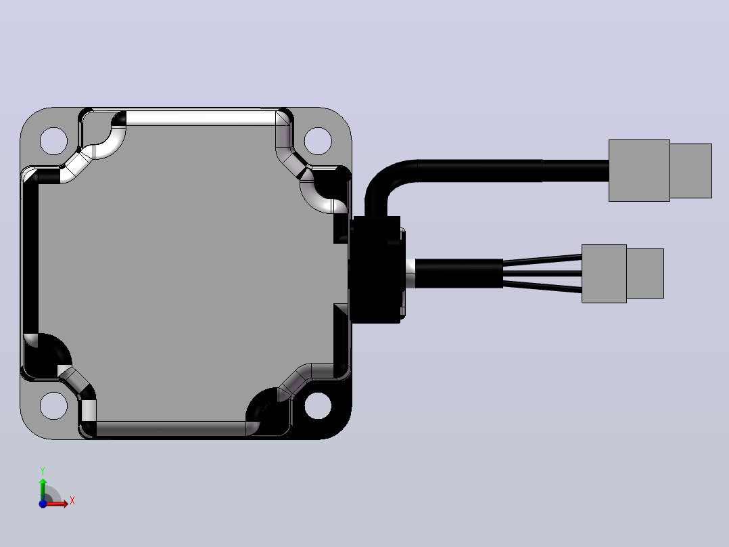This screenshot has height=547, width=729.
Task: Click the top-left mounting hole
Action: pos(54,141)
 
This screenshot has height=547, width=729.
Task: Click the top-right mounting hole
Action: pos(318,141)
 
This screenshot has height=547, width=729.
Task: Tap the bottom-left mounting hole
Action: pos(54,406)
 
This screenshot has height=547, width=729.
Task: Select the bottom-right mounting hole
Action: pos(318,406)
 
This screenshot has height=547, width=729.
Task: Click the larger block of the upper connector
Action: pos(639,171)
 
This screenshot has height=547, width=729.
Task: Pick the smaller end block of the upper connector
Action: pos(691,171)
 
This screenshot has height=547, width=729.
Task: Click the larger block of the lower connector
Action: pos(604,273)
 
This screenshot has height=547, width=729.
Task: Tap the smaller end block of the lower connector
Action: pos(645,273)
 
